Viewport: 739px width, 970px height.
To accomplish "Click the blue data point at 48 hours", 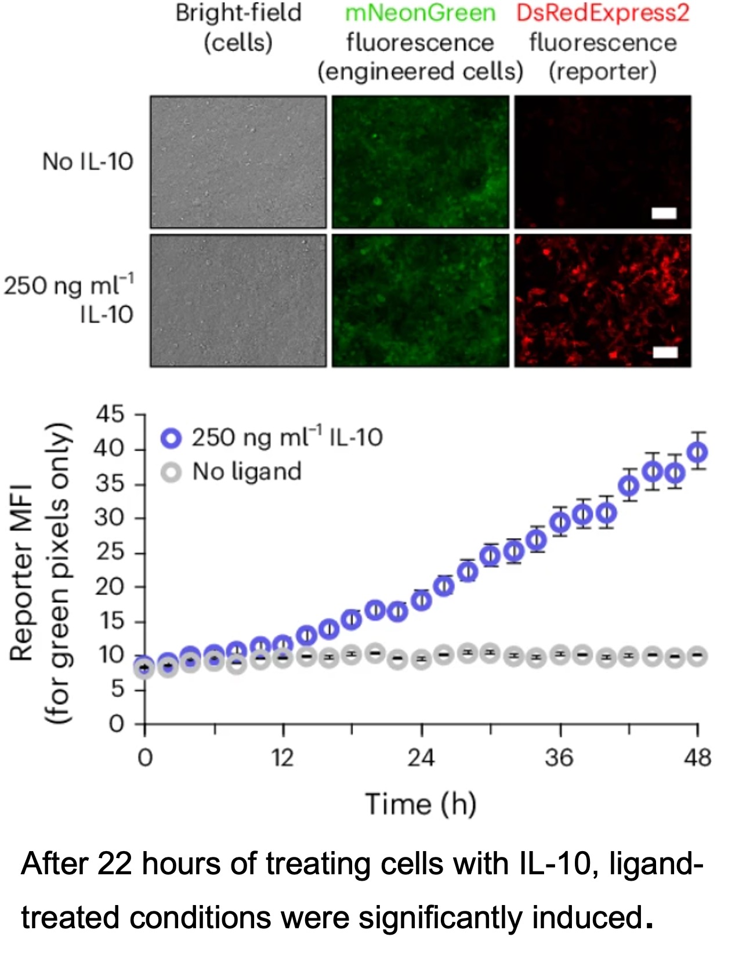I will [x=697, y=451].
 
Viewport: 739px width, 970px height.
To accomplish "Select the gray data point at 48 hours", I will [x=697, y=657].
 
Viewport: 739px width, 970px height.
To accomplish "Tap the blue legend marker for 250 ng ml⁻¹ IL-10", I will [x=171, y=437].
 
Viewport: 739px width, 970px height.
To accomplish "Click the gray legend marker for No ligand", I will [x=171, y=472].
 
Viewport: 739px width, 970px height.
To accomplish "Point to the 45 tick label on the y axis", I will [x=110, y=414].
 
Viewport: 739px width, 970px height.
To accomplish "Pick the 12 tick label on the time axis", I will [x=282, y=758].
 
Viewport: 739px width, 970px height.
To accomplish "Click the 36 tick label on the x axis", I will [x=559, y=758].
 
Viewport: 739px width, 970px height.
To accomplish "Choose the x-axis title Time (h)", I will [x=421, y=804].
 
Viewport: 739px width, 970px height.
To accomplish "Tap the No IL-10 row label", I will [x=88, y=161].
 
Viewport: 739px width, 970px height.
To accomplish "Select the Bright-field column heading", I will [x=238, y=13].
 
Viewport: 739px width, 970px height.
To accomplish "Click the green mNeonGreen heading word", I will [x=420, y=13].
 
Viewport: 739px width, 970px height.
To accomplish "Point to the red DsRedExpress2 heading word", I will [x=603, y=13].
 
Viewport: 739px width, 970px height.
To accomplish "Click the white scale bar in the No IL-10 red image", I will [x=664, y=213].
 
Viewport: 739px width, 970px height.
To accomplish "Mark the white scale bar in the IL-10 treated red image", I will [x=665, y=352].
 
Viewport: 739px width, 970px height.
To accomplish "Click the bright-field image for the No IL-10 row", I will [x=238, y=162].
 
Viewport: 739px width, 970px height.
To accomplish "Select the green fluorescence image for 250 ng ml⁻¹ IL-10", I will [x=420, y=301].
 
